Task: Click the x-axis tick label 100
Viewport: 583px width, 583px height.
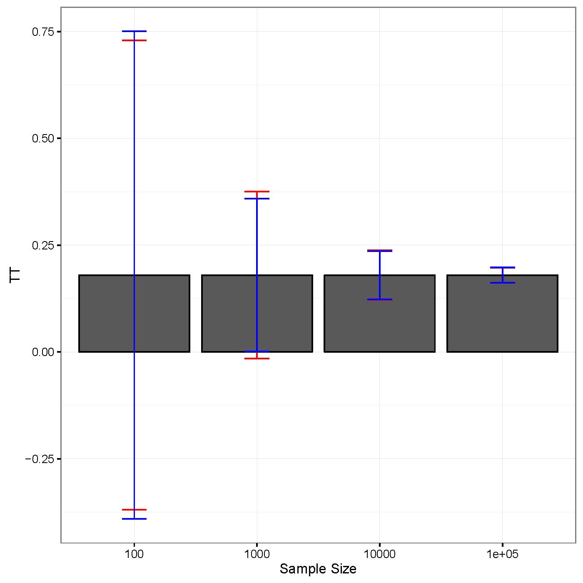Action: (134, 554)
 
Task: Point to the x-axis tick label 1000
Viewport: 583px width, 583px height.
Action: (257, 554)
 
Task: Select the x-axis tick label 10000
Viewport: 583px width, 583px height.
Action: (379, 554)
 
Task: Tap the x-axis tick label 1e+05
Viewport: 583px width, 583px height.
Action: (502, 554)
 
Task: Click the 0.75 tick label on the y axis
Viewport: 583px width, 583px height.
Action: (43, 32)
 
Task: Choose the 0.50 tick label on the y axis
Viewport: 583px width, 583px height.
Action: (43, 138)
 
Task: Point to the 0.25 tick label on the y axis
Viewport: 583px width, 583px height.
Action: (43, 245)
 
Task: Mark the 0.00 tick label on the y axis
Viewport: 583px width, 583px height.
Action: (43, 352)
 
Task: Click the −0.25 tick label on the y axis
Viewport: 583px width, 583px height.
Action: (40, 459)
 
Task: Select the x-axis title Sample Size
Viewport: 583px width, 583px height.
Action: (318, 569)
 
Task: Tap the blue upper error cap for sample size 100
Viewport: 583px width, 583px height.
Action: (134, 31)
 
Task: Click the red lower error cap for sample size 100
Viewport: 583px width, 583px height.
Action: (134, 510)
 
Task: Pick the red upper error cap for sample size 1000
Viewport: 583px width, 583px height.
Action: (257, 192)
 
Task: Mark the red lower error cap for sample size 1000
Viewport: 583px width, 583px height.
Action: (257, 359)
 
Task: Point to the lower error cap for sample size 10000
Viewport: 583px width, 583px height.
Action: (379, 299)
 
